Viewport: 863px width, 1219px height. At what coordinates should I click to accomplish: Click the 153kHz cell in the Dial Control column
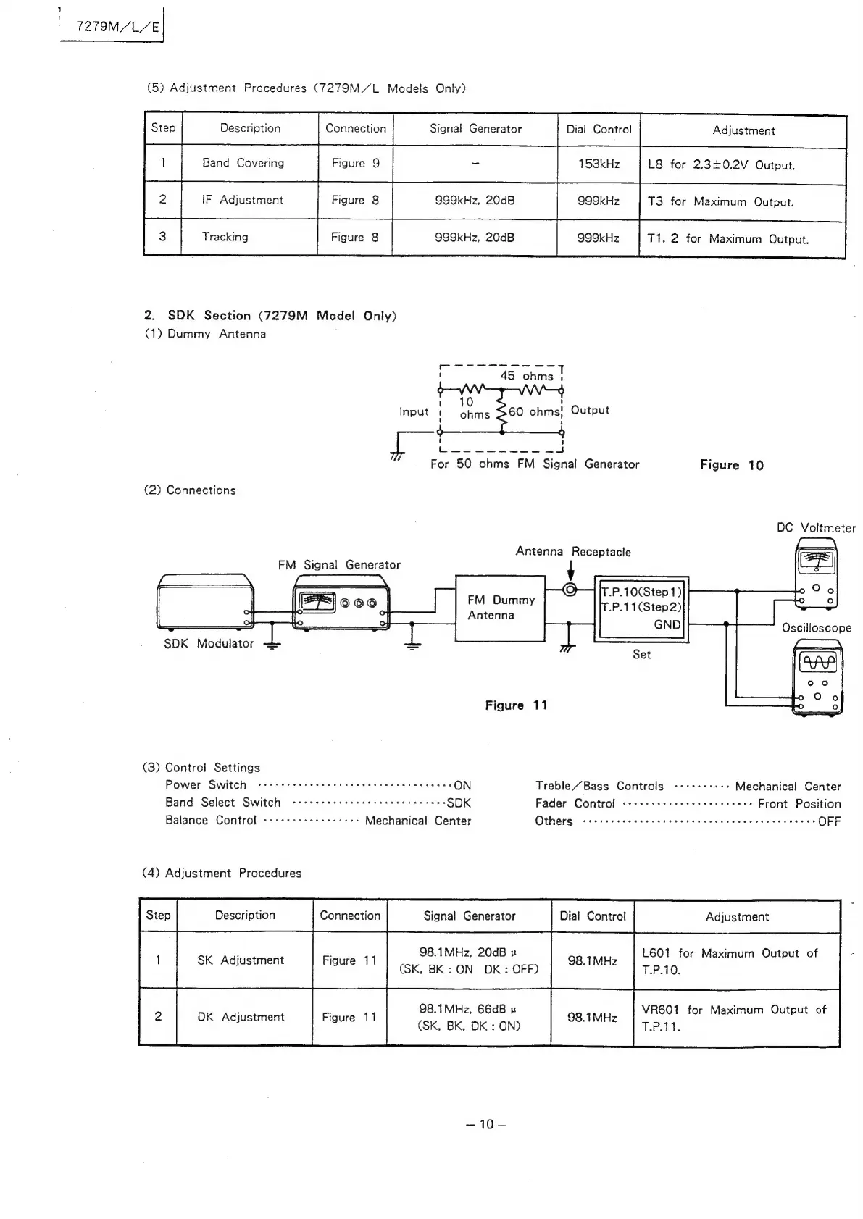click(x=599, y=164)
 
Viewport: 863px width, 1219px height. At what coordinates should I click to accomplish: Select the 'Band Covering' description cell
click(x=243, y=163)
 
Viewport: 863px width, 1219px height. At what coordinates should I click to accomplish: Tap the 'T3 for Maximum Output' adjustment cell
click(x=720, y=202)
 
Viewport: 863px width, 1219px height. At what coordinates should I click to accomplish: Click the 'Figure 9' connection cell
click(x=355, y=163)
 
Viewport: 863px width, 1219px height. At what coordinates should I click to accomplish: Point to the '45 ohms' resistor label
click(x=526, y=376)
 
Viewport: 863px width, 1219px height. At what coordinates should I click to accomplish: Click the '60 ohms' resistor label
click(x=534, y=411)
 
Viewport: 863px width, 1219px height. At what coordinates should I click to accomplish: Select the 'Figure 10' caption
click(x=731, y=465)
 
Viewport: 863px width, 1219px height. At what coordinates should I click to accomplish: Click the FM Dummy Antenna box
click(x=500, y=608)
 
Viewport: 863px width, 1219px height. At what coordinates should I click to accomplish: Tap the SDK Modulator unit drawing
click(x=206, y=600)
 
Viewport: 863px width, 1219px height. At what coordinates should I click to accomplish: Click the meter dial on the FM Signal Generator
click(x=314, y=602)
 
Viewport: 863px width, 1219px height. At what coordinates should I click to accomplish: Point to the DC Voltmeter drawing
click(x=816, y=577)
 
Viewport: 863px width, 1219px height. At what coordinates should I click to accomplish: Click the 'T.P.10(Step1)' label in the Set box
click(x=641, y=591)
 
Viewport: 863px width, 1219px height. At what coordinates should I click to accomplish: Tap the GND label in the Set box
click(x=667, y=624)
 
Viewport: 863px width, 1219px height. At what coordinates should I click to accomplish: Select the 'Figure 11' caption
click(x=516, y=705)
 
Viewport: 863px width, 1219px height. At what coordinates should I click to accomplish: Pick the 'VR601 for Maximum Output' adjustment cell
click(x=733, y=1018)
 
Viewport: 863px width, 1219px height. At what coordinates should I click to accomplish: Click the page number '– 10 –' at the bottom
click(x=485, y=1124)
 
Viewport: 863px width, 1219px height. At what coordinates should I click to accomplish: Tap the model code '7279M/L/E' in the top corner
click(x=118, y=27)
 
